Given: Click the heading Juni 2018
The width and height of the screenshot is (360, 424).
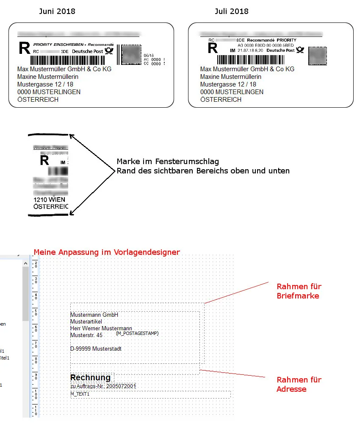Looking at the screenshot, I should tap(57, 11).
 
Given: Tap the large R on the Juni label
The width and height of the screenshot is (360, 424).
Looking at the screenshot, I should tap(25, 48).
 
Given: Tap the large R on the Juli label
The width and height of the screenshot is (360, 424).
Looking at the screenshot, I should tap(212, 47).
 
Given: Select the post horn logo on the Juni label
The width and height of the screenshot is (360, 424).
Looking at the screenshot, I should tap(109, 51).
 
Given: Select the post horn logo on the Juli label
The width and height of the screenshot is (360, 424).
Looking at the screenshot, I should tap(300, 50).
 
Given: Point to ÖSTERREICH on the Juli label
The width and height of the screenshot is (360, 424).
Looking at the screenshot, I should tap(221, 100).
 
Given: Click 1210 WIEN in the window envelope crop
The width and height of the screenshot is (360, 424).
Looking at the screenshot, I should tap(48, 199).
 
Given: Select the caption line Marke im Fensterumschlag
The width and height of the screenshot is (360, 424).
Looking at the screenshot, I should tap(168, 162).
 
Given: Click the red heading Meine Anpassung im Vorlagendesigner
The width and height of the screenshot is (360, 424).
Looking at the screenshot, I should tap(107, 252).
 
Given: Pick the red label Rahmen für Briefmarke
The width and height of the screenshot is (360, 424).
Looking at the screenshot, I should tap(299, 291).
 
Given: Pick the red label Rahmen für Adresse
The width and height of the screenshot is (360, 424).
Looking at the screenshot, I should tap(299, 384).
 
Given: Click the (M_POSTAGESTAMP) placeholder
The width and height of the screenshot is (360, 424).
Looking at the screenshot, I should tap(137, 333).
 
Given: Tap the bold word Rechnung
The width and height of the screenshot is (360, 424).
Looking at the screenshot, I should tap(90, 377).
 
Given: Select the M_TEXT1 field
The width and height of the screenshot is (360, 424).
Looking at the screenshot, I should tap(80, 394).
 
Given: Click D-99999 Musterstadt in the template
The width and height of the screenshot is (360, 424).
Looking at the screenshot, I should tap(96, 349).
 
